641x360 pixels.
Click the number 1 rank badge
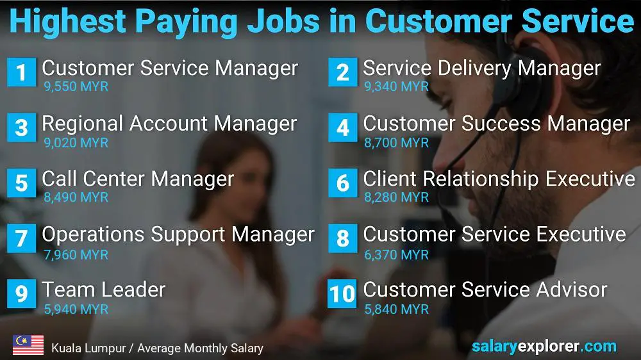[21, 72]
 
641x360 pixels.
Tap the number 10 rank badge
[342, 294]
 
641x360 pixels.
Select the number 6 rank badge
[342, 183]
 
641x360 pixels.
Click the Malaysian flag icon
[28, 345]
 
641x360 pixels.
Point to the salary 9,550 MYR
[76, 86]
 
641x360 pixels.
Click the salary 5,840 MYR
[396, 309]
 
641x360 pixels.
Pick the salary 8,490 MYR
[76, 198]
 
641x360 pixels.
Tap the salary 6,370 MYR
[396, 254]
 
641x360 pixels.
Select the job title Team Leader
[103, 290]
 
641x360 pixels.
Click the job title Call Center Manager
[138, 179]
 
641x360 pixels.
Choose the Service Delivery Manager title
[481, 68]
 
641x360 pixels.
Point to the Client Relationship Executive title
[499, 179]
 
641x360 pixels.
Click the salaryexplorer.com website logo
[544, 347]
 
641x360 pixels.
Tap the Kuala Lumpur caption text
[157, 348]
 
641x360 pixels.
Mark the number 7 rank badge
[21, 239]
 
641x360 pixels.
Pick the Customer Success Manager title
[496, 123]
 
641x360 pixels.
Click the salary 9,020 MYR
[76, 142]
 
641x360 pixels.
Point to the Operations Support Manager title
[178, 234]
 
